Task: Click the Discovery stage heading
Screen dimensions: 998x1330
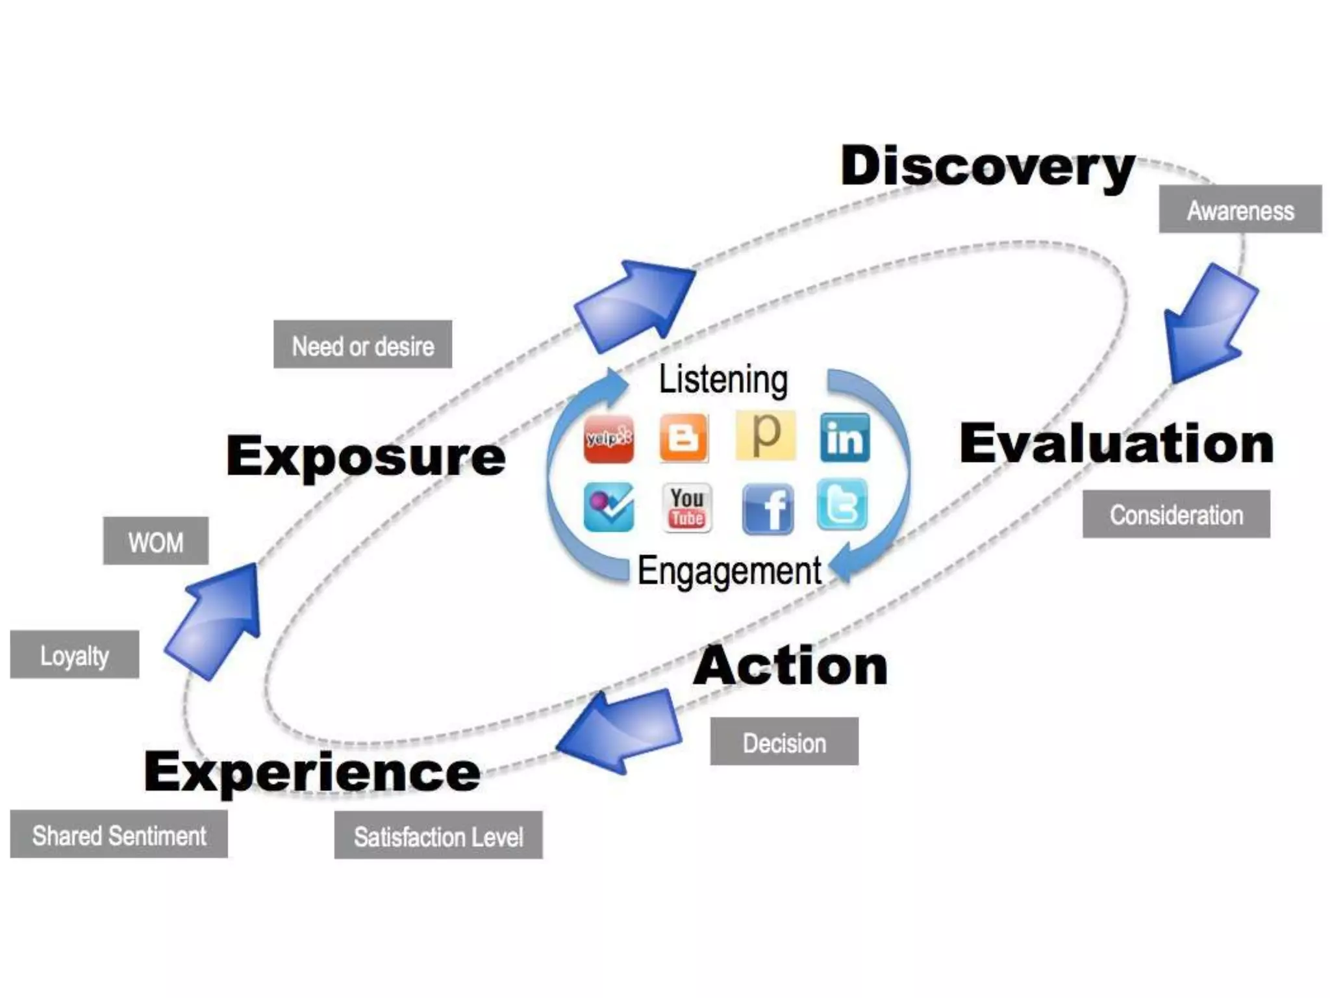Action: [987, 166]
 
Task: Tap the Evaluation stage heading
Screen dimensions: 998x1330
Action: [1116, 444]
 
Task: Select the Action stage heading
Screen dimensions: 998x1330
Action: [790, 666]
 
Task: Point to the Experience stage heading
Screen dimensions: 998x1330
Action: [312, 772]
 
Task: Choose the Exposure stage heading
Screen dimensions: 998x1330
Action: [366, 455]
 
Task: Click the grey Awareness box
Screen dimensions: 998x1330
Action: [1240, 210]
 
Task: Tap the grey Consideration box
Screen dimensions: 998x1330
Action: [1176, 515]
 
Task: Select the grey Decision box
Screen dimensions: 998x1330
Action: [784, 742]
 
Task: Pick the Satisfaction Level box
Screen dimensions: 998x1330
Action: [438, 836]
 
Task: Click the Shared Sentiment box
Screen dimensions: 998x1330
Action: [119, 835]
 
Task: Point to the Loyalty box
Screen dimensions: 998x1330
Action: [75, 655]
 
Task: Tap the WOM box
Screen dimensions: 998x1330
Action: [156, 541]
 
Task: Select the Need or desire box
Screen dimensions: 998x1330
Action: [362, 345]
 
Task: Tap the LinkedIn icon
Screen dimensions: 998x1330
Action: [844, 438]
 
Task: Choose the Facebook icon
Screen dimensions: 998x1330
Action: [768, 508]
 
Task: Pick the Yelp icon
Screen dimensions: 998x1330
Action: [609, 439]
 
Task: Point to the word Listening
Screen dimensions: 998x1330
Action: [723, 379]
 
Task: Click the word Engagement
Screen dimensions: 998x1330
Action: [729, 570]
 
